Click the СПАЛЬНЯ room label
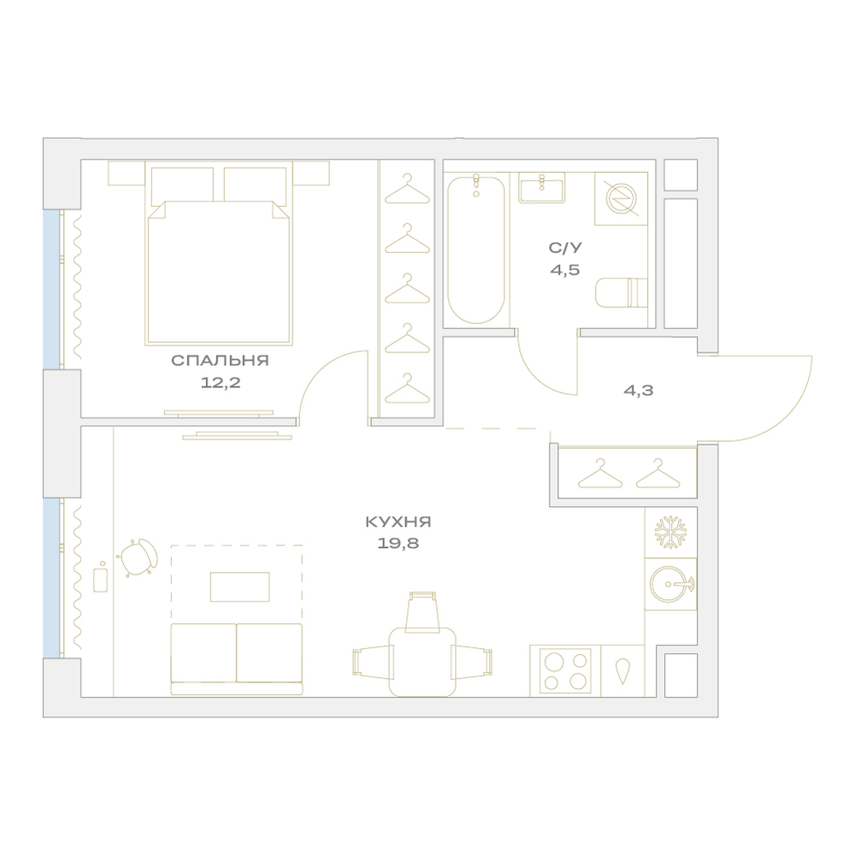point(220,361)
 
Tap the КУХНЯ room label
point(398,522)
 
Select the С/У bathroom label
point(565,248)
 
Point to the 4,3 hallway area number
point(639,391)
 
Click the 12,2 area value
point(221,382)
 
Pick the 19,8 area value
point(398,544)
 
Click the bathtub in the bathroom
point(476,249)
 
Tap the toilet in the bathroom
point(622,292)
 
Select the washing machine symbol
point(621,198)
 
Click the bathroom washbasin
point(541,187)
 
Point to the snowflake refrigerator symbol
point(670,532)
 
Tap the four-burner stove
point(565,670)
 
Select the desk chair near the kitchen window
point(139,557)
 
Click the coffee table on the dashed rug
point(240,587)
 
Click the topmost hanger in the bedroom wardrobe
point(407,189)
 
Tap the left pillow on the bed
point(182,185)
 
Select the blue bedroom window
point(50,290)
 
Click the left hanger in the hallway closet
point(600,473)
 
